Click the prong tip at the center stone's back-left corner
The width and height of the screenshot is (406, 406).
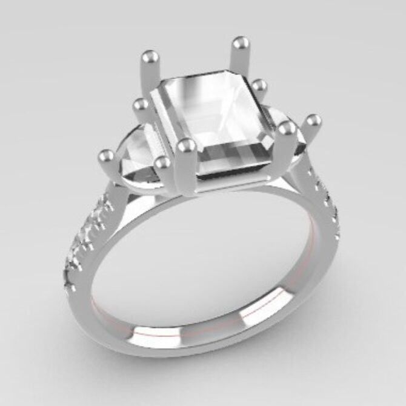(x=148, y=59)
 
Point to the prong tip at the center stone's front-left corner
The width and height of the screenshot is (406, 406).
(x=187, y=145)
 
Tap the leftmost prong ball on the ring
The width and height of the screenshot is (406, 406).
(x=106, y=156)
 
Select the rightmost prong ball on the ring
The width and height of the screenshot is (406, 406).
(x=313, y=120)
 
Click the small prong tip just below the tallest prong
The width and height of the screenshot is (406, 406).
(x=259, y=84)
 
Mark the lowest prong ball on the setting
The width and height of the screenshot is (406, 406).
(x=161, y=162)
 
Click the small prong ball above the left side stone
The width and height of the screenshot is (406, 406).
(x=141, y=105)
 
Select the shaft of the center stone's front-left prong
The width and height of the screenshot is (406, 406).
(x=188, y=173)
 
